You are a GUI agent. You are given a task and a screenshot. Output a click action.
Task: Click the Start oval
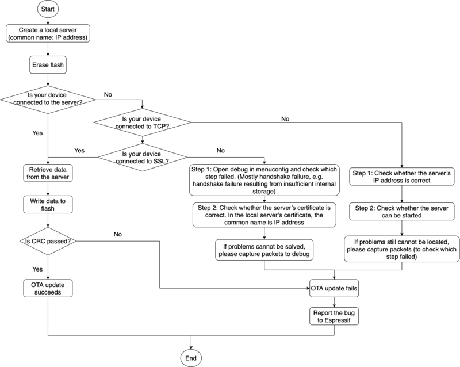click(x=48, y=10)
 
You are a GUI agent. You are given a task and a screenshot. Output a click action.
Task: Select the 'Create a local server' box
click(x=48, y=33)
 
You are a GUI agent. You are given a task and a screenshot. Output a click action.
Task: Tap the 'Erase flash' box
click(x=48, y=65)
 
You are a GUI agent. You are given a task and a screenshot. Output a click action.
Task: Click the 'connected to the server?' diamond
click(x=48, y=98)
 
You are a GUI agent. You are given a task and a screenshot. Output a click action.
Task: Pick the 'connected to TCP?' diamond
click(x=143, y=122)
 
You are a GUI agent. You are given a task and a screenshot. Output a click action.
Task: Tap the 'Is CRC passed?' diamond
click(x=48, y=241)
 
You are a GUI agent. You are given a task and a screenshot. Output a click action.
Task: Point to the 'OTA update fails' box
click(x=334, y=288)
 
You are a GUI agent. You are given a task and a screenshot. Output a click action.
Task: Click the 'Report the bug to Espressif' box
click(x=334, y=317)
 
